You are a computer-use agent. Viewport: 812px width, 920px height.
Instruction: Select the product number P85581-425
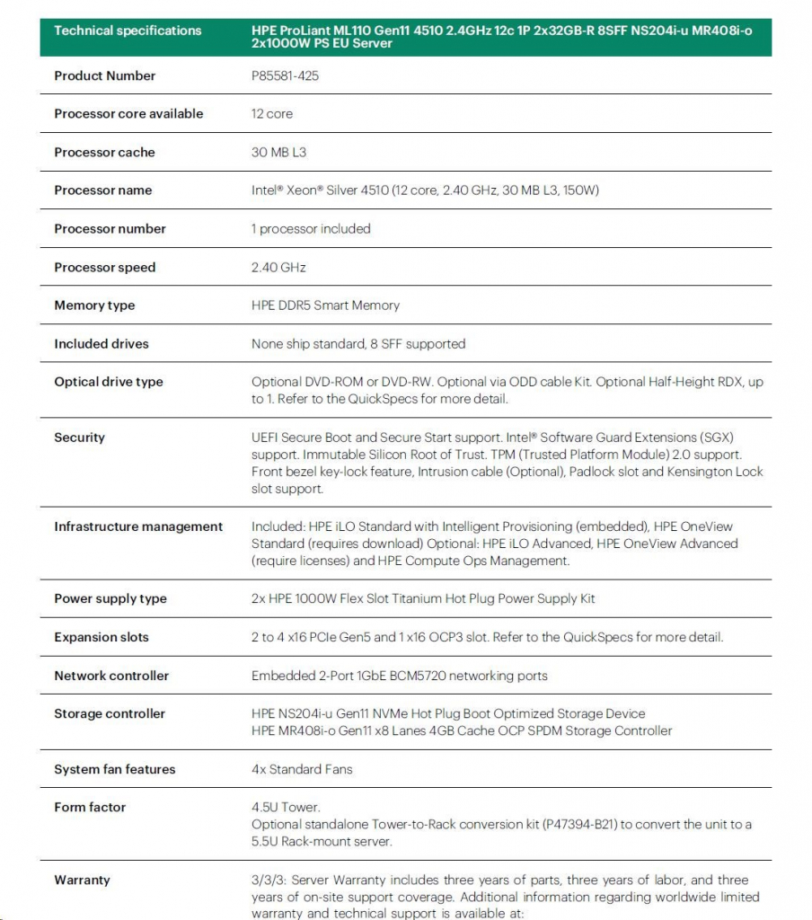[x=285, y=75]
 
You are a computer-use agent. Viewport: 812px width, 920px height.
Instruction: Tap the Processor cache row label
[x=104, y=152]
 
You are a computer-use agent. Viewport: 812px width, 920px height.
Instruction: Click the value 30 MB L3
[x=278, y=152]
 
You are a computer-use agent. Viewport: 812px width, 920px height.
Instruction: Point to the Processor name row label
[x=102, y=190]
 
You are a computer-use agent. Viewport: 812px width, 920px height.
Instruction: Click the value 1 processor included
[x=311, y=228]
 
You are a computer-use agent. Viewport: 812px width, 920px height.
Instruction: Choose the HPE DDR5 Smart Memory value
[x=325, y=305]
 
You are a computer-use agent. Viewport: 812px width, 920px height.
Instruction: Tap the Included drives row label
[x=101, y=343]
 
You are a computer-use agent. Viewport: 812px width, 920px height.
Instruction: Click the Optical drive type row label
[x=109, y=382]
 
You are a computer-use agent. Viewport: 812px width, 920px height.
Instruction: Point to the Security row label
[x=79, y=438]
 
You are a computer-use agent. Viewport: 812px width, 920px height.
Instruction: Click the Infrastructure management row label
[x=138, y=526]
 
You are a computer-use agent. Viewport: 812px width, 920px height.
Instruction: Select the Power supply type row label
[x=110, y=598]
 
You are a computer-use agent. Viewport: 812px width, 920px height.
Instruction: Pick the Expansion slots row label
[x=101, y=637]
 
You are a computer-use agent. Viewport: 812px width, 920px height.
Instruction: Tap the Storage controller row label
[x=110, y=713]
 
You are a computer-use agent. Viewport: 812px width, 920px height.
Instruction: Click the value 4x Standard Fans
[x=302, y=769]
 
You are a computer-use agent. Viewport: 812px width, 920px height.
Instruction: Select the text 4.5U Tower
[x=286, y=808]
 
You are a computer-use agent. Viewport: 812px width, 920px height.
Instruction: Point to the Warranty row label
[x=82, y=880]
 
